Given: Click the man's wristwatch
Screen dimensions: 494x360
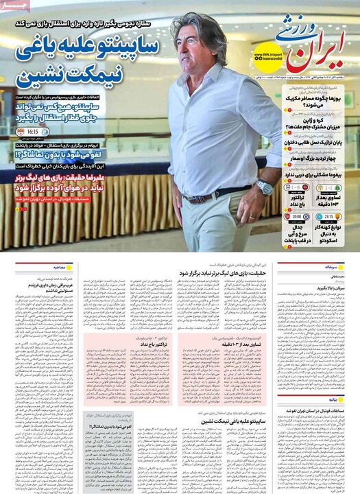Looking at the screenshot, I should pyautogui.click(x=264, y=187).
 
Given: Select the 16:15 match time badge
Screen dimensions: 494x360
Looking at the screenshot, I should pyautogui.click(x=33, y=132).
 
